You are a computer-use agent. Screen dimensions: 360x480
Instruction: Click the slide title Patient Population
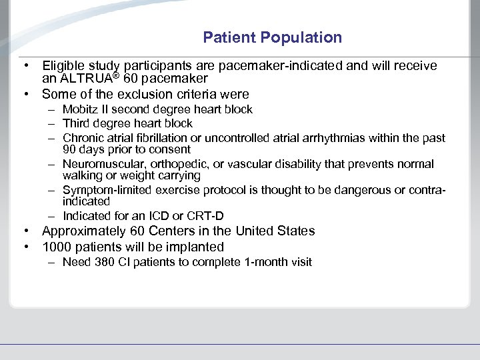tap(272, 37)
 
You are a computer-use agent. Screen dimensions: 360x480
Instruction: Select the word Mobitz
tap(79, 109)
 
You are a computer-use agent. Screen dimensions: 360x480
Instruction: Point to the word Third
tap(77, 123)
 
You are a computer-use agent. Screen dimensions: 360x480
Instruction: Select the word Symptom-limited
tap(107, 189)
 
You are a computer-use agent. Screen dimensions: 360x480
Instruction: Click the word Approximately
tap(85, 231)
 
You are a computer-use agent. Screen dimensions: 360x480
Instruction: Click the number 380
tap(104, 262)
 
